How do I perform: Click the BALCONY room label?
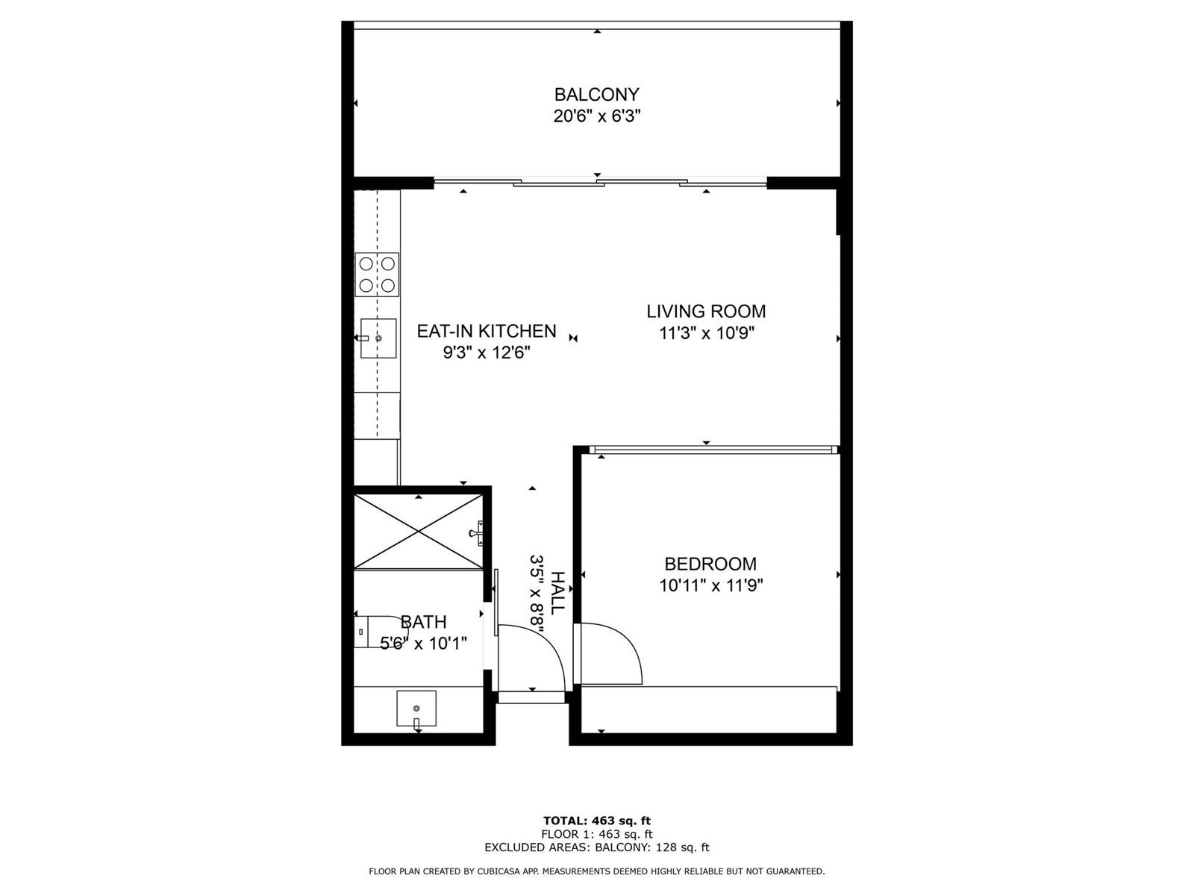[596, 95]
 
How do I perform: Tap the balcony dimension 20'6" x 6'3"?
[597, 116]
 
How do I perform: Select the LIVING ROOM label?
[706, 311]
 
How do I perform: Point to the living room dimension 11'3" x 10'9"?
[707, 333]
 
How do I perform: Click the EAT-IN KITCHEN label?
[487, 331]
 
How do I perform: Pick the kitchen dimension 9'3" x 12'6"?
[487, 352]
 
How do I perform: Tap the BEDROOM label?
[710, 564]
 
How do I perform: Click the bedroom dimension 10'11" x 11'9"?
[711, 585]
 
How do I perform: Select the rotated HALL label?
[557, 593]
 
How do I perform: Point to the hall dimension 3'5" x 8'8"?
[537, 594]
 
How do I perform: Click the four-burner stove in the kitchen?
[377, 275]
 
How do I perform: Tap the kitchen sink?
[378, 338]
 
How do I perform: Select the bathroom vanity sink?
[416, 709]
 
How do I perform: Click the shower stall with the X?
[419, 532]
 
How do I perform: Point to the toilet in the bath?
[375, 632]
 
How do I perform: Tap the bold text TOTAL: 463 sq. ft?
[597, 821]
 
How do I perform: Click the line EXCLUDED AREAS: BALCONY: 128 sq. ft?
[597, 847]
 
